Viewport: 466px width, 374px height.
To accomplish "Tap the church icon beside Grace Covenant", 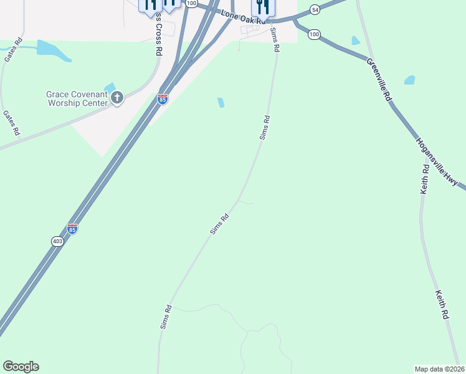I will (117, 97).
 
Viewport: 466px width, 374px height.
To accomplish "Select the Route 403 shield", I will (57, 241).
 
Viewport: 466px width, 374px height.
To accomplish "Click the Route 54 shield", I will (315, 9).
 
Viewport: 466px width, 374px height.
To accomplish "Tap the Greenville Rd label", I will (378, 80).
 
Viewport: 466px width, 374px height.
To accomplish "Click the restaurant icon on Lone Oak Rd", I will (263, 7).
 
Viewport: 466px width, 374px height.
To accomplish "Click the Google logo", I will (21, 367).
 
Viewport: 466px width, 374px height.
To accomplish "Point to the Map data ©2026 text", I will (439, 368).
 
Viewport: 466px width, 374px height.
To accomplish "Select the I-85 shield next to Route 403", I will (72, 229).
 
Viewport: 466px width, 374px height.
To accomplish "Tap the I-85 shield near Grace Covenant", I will (162, 99).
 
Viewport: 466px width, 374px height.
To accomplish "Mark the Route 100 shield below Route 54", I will (315, 34).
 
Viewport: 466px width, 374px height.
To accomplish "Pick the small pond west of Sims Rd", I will (221, 102).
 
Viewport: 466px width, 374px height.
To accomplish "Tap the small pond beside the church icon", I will (110, 87).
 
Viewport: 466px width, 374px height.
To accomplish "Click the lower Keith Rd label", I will (442, 304).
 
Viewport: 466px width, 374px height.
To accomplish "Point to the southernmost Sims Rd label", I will (166, 317).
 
